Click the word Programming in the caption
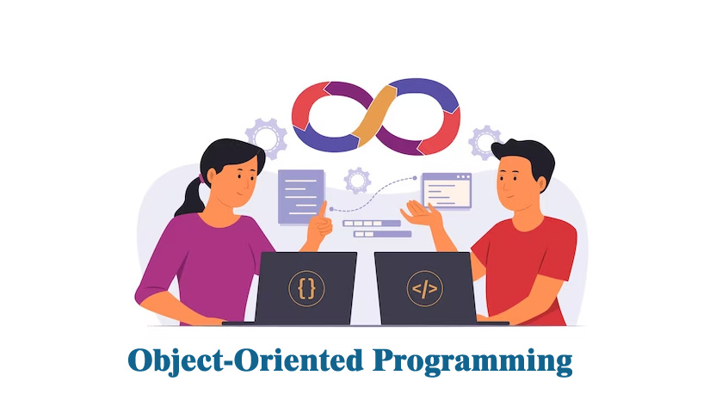pos(472,361)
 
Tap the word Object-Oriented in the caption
pos(245,360)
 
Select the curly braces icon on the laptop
pos(306,289)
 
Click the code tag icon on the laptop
pos(424,289)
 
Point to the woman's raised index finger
pos(323,209)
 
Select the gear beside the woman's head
pos(266,138)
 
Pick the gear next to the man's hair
pos(484,142)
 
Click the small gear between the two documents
pos(357,181)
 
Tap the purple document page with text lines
pos(301,197)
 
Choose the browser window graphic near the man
pos(447,191)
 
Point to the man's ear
pos(542,184)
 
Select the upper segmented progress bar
pos(372,224)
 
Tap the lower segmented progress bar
pos(382,234)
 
